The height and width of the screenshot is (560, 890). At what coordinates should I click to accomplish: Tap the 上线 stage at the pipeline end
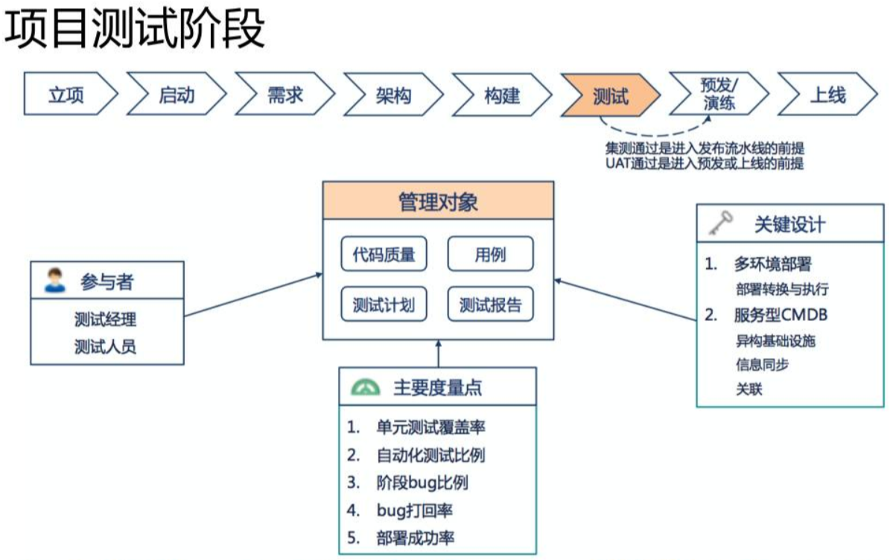(x=826, y=95)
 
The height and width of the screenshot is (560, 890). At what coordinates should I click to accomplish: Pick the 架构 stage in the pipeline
(x=393, y=95)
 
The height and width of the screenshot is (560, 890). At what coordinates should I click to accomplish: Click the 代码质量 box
(x=384, y=255)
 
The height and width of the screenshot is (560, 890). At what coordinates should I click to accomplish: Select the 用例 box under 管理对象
(x=490, y=255)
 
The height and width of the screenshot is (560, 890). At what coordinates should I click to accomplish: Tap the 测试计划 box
(x=384, y=305)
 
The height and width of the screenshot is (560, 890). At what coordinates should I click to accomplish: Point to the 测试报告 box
(x=490, y=305)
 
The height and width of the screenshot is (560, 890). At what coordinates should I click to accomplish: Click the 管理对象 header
(x=438, y=202)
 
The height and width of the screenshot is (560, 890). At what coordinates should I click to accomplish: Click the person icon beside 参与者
(x=53, y=281)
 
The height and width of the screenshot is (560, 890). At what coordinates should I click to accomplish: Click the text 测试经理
(x=106, y=320)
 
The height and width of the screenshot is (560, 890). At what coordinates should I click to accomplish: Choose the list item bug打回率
(x=414, y=510)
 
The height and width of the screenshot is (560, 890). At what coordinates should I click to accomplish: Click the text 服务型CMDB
(x=781, y=315)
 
